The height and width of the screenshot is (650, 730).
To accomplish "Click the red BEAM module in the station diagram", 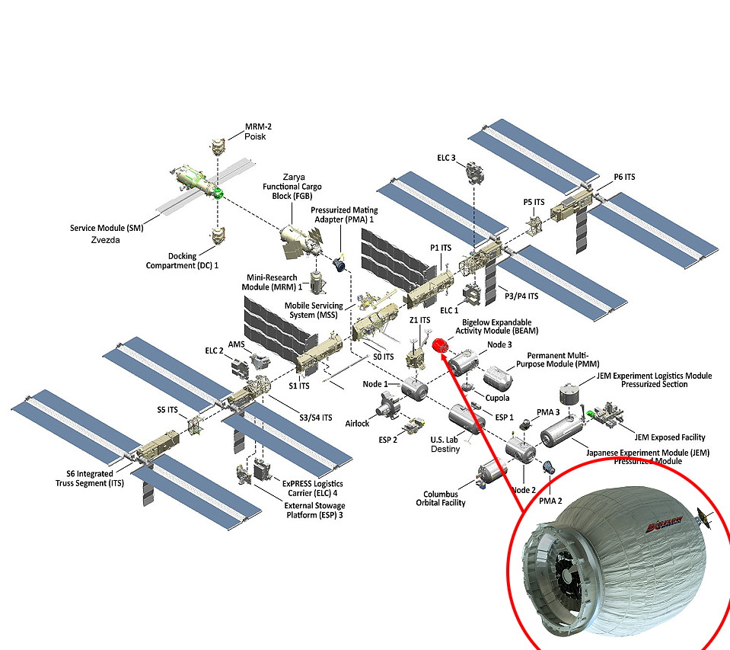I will pos(439,345).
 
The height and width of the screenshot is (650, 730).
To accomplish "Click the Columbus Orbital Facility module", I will pos(493,473).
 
